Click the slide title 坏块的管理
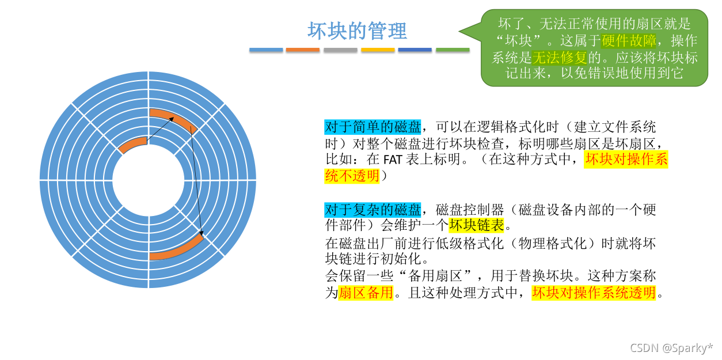[357, 31]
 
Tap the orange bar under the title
[302, 51]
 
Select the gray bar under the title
[340, 51]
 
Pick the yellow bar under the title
[378, 51]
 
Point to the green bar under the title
[453, 51]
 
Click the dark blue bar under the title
[415, 51]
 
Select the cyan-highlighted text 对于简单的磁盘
[373, 127]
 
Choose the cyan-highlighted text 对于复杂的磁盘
[373, 209]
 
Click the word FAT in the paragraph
[393, 160]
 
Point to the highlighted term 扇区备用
[366, 293]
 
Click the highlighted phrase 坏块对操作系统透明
[594, 293]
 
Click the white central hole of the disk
[149, 180]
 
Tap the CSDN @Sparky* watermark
[671, 348]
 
